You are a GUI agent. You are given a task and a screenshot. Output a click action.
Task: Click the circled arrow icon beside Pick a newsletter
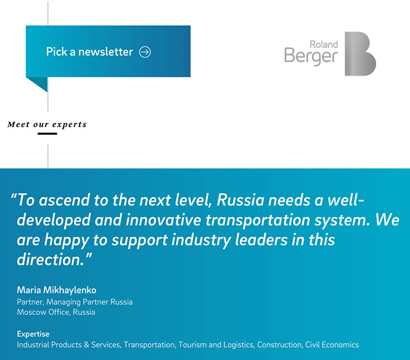145,52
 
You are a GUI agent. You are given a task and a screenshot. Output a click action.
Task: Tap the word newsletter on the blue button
105,52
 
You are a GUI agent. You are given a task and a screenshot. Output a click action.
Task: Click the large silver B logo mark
360,54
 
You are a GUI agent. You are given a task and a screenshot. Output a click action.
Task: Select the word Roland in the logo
324,44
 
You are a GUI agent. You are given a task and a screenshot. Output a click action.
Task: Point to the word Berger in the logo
311,56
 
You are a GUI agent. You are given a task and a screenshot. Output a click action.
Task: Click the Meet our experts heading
47,125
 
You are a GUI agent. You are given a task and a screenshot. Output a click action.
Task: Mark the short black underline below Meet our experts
47,133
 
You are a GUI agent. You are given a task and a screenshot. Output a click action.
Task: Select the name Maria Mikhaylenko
56,290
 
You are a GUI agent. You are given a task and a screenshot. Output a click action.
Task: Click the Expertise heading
33,334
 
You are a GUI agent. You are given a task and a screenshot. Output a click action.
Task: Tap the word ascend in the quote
64,200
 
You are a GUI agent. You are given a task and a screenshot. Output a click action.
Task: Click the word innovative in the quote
163,220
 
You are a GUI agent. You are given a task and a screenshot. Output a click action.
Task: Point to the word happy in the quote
67,241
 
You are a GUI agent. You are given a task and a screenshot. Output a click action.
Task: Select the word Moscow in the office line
29,312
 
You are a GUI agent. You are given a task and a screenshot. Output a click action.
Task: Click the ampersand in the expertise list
87,345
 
